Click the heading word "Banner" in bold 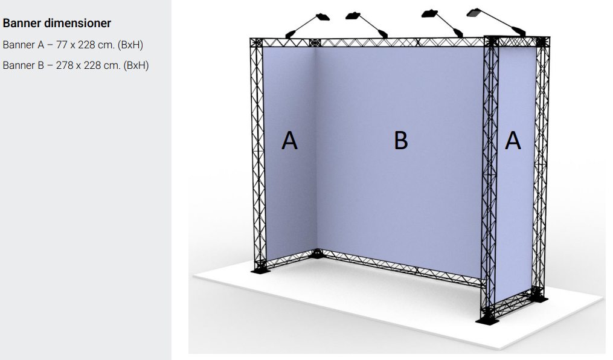(22, 23)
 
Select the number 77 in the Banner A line (62, 45)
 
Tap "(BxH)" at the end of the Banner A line (130, 45)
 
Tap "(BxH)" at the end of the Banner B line (136, 65)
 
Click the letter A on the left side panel (289, 140)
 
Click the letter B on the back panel (401, 140)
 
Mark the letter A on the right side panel (513, 140)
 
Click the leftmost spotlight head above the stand (323, 17)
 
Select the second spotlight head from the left (353, 16)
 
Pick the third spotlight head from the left (429, 13)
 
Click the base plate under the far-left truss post (260, 269)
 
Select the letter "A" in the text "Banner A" (41, 45)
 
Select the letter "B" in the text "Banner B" (41, 65)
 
